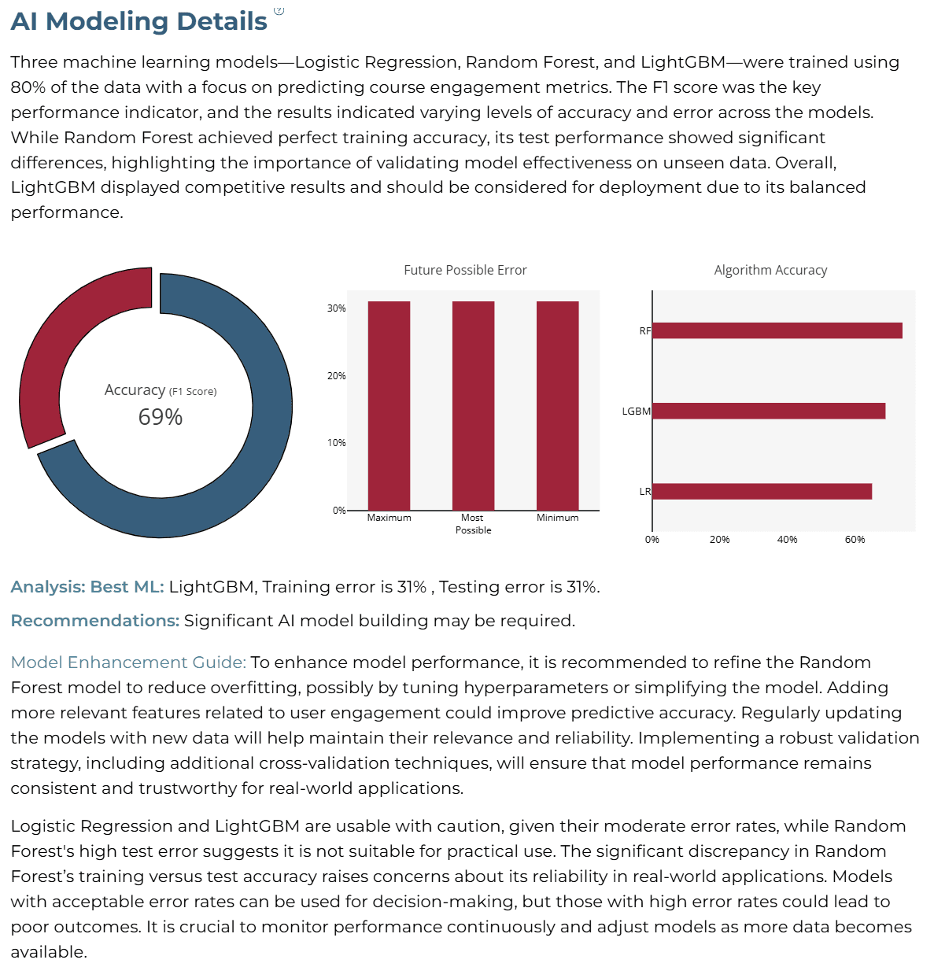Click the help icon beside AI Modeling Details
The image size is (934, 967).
(x=279, y=10)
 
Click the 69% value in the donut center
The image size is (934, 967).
(x=160, y=416)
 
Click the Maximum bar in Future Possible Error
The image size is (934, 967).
(x=389, y=405)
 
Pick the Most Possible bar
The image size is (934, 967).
(x=473, y=405)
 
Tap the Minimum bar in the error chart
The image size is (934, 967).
(x=557, y=405)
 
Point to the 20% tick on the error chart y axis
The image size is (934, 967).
(x=336, y=375)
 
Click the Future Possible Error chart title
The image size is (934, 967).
(x=465, y=270)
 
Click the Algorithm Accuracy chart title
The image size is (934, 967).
(x=770, y=270)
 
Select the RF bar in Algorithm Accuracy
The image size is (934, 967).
(x=777, y=330)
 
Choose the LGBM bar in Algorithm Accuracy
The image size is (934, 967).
(x=769, y=411)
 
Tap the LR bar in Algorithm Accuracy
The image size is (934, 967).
(x=762, y=492)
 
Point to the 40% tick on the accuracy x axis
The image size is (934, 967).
(x=787, y=539)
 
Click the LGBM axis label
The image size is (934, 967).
(x=636, y=411)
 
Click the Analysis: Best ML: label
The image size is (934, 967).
(x=87, y=587)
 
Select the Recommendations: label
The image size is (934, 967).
(x=95, y=621)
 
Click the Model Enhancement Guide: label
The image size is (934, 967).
(x=128, y=663)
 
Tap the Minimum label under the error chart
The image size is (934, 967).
(x=557, y=517)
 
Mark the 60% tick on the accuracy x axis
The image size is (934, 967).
(x=855, y=539)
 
